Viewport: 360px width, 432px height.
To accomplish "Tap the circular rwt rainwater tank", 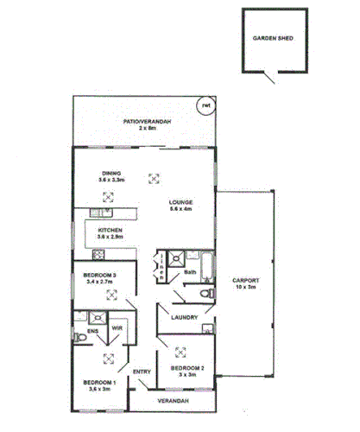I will [x=205, y=106].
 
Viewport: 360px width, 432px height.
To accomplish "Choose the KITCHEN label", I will [x=111, y=230].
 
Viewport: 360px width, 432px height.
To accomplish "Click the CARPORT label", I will [x=246, y=280].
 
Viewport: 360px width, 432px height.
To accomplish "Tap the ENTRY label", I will [x=142, y=372].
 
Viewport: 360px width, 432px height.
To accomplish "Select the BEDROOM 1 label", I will [x=99, y=382].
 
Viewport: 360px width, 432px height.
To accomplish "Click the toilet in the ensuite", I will [x=79, y=343].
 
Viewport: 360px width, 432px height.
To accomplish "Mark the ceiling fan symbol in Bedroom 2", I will [x=180, y=351].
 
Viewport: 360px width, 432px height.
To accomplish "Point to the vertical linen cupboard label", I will [x=161, y=267].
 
